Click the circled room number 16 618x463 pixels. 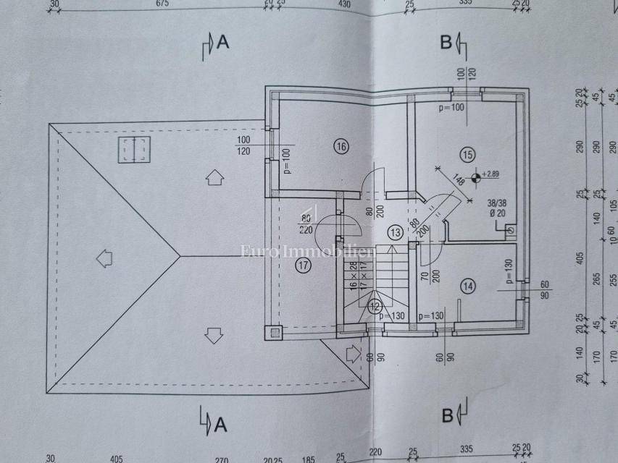point(341,146)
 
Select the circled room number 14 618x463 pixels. point(468,286)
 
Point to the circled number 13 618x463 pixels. point(395,233)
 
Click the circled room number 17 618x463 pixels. point(304,266)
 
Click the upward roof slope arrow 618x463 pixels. point(214,177)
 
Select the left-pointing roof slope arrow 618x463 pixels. point(104,257)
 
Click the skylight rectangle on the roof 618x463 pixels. point(135,150)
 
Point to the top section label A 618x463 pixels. point(222,43)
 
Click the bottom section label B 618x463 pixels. point(446,416)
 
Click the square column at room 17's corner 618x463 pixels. point(276,333)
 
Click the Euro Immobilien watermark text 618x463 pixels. point(307,252)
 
